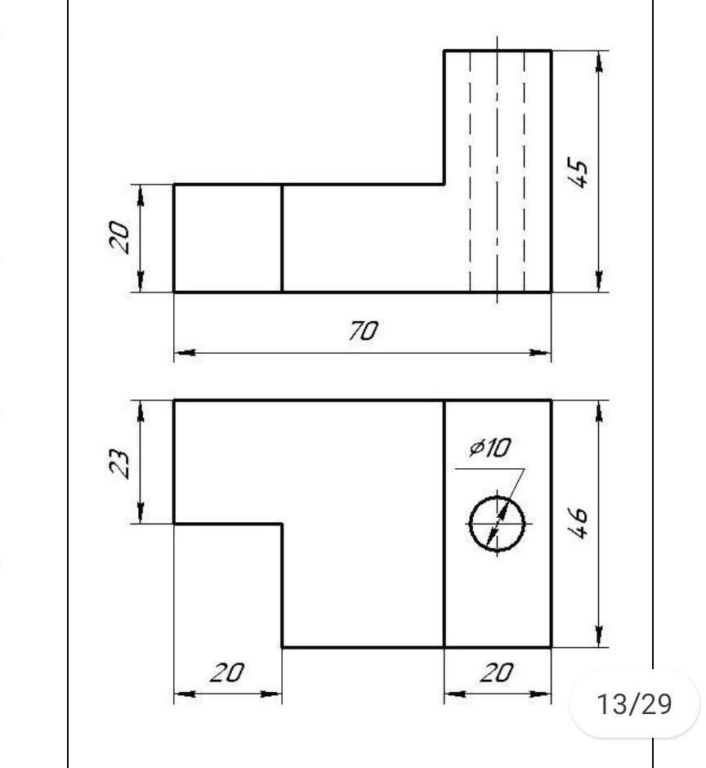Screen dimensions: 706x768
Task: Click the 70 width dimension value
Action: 364,331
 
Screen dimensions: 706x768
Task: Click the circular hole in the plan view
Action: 497,524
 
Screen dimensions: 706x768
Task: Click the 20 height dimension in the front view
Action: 120,237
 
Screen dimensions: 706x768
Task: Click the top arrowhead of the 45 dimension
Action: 601,61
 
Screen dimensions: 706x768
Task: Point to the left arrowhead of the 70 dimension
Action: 185,354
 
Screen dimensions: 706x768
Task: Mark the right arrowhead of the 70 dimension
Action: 540,354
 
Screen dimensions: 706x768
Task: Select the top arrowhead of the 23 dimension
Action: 141,411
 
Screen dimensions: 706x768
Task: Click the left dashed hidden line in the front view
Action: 471,172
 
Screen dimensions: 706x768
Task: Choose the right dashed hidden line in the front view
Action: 524,172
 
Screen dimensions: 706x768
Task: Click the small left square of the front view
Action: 228,238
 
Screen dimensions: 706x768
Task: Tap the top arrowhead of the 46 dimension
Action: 601,411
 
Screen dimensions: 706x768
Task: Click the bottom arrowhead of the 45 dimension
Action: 601,281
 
